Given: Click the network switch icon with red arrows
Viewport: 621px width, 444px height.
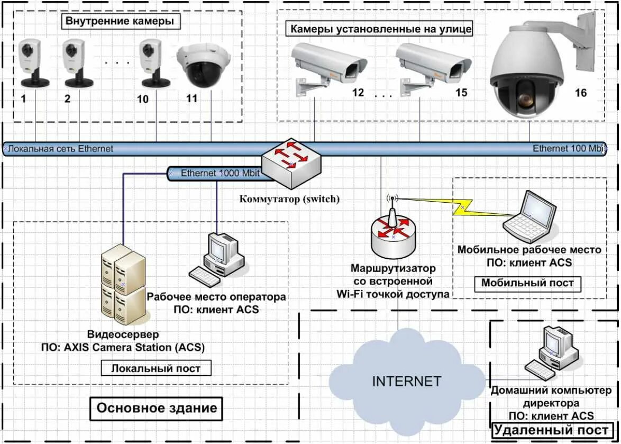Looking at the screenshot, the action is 291,164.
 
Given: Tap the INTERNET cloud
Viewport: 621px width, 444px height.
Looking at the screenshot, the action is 407,380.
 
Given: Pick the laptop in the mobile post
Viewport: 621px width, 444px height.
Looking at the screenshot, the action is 530,216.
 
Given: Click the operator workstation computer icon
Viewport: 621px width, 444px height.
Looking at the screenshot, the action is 216,259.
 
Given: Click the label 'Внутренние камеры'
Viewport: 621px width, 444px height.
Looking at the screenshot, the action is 121,21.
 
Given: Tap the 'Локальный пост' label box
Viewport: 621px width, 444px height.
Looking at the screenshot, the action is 156,368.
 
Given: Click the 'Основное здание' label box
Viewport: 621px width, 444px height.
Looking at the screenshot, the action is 157,409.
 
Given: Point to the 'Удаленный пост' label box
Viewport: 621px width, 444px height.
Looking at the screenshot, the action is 551,430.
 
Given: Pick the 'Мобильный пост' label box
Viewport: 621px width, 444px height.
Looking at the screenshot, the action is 527,284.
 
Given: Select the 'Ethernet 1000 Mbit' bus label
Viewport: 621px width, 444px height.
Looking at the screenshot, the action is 220,173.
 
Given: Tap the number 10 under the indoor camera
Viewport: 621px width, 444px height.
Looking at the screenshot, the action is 143,99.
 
